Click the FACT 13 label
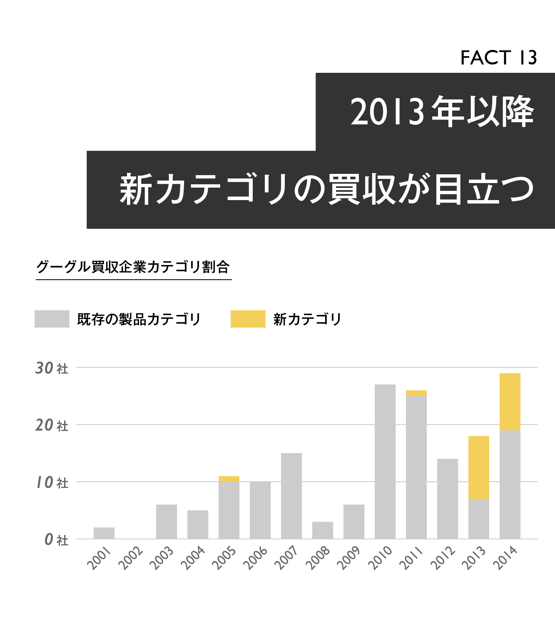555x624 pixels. [x=498, y=58]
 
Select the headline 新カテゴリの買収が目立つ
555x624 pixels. [x=327, y=190]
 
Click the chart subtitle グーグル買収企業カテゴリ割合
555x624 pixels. [x=133, y=267]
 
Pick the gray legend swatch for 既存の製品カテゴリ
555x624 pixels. [x=52, y=319]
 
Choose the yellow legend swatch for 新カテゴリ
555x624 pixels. [x=248, y=319]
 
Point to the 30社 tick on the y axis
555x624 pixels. [x=52, y=368]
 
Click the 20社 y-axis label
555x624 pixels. [x=52, y=426]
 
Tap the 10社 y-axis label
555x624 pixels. [x=52, y=483]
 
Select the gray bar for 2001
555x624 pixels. [x=104, y=533]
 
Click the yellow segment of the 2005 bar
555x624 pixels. [x=229, y=479]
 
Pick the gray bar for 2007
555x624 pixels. [x=291, y=496]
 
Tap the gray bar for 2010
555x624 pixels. [x=385, y=462]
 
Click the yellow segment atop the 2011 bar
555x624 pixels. [x=416, y=393]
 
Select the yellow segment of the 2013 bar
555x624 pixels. [x=479, y=467]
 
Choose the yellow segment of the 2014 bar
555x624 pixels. [x=510, y=401]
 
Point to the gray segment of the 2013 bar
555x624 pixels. [x=479, y=519]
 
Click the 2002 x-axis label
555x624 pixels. [x=131, y=558]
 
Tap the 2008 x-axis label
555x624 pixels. [x=318, y=558]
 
